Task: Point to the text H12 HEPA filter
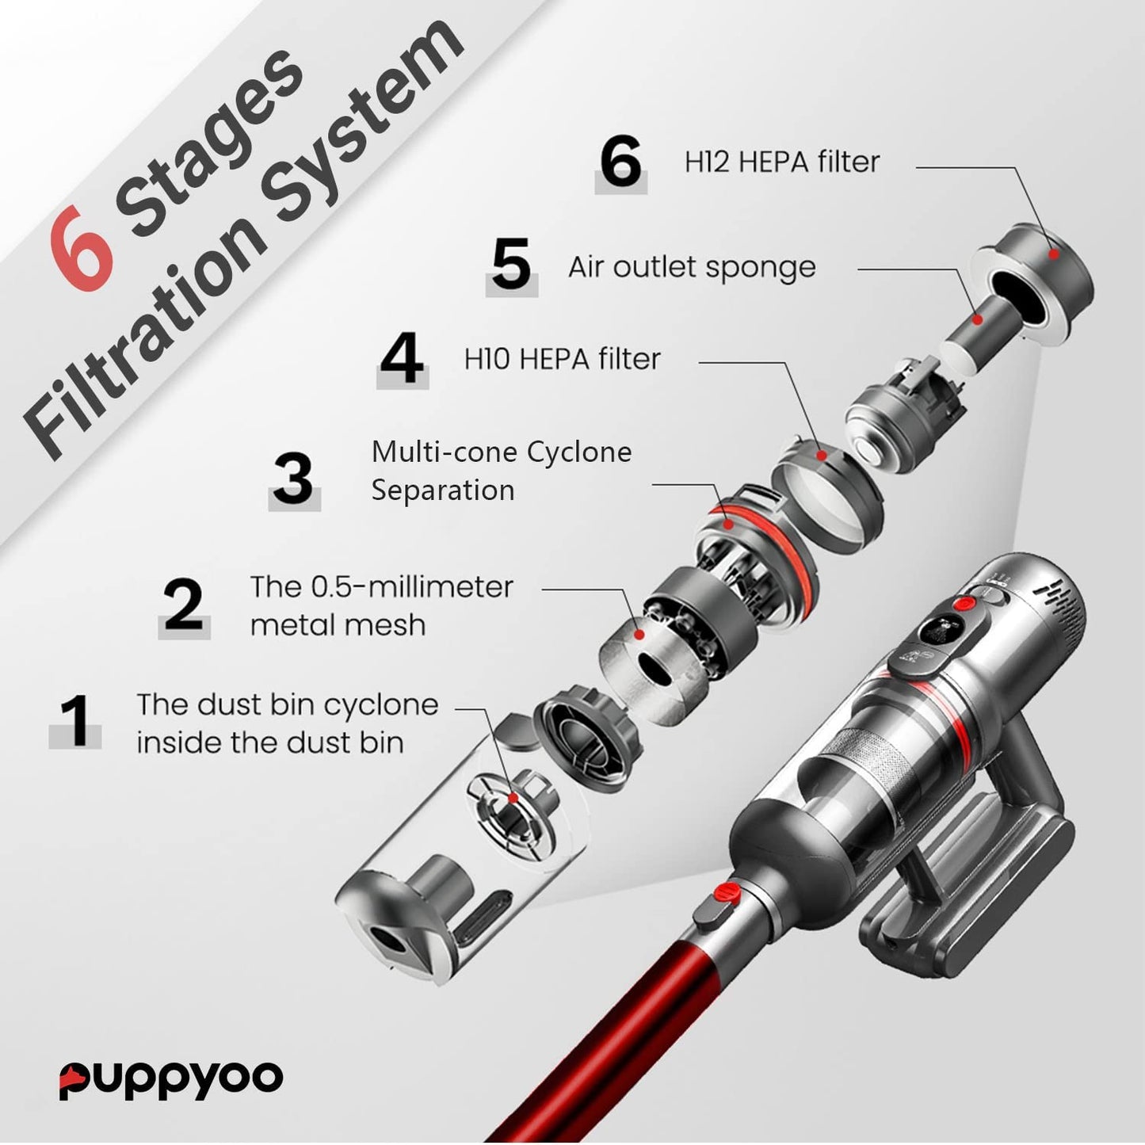coord(782,162)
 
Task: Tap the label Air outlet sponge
coord(692,267)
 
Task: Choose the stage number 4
coord(403,359)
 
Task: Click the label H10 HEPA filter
coord(562,359)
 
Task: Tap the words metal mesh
coord(338,625)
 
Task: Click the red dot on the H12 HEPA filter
coord(1054,254)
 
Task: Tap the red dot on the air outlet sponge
coord(977,319)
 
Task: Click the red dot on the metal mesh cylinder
coord(639,634)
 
